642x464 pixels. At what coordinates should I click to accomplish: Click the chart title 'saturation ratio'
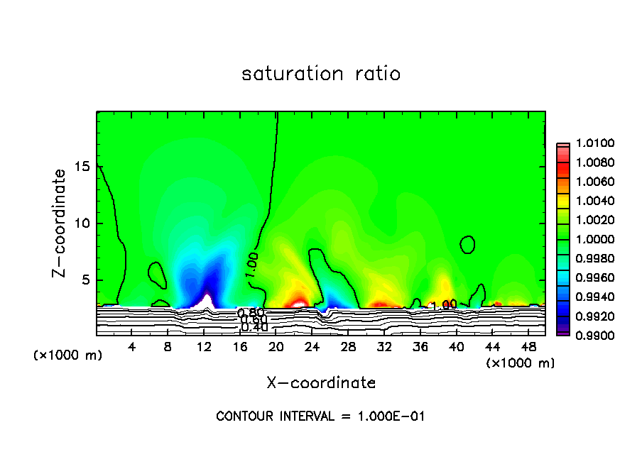click(321, 74)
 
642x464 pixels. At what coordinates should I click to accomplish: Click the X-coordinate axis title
click(321, 383)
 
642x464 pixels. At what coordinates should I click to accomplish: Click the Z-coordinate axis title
click(61, 223)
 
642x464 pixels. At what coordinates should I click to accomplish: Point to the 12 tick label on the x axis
click(205, 346)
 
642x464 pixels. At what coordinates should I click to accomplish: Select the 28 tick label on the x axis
click(348, 346)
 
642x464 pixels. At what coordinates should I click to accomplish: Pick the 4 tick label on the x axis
click(133, 346)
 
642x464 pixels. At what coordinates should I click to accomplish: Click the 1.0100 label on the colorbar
click(588, 144)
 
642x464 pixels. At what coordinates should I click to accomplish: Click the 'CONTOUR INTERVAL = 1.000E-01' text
click(320, 416)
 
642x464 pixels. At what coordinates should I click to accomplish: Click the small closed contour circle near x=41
click(467, 245)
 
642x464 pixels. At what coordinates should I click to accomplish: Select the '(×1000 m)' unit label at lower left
click(68, 355)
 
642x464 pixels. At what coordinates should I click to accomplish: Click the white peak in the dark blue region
click(205, 301)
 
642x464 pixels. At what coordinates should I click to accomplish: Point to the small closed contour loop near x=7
click(156, 272)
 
